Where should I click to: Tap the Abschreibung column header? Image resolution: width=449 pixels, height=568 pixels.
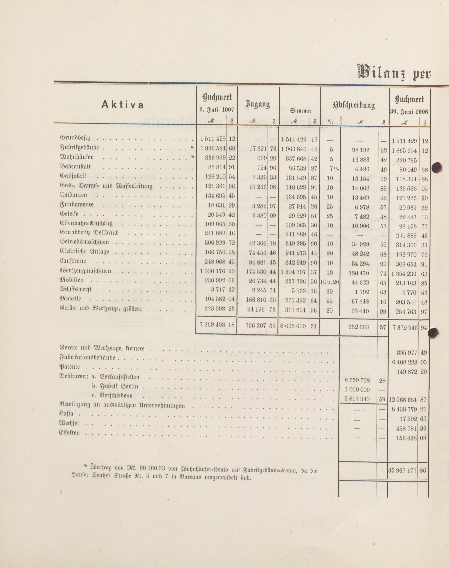click(354, 105)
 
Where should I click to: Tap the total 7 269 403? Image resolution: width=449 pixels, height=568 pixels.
click(212, 325)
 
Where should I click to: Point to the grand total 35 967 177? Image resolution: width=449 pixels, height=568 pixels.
click(402, 470)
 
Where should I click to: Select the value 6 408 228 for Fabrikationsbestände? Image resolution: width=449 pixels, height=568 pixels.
click(405, 363)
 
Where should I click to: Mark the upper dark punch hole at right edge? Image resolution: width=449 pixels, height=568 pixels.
click(437, 167)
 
